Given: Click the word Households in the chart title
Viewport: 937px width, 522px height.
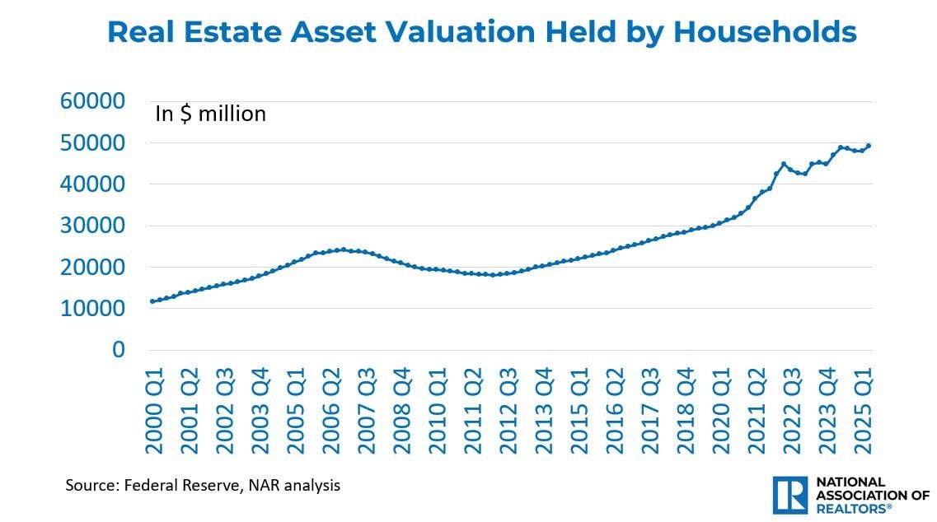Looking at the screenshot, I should coord(764,32).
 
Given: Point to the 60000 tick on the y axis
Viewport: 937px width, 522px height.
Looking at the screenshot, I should coord(93,101).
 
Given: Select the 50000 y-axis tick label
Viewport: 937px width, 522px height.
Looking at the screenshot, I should coord(93,142).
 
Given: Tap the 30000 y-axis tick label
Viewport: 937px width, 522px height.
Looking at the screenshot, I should coord(93,226).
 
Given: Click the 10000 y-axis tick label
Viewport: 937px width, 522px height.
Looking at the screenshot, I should coord(93,309).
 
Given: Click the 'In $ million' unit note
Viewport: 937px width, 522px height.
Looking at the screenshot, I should coord(210,114).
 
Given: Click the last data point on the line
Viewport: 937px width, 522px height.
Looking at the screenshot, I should coord(869,146).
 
